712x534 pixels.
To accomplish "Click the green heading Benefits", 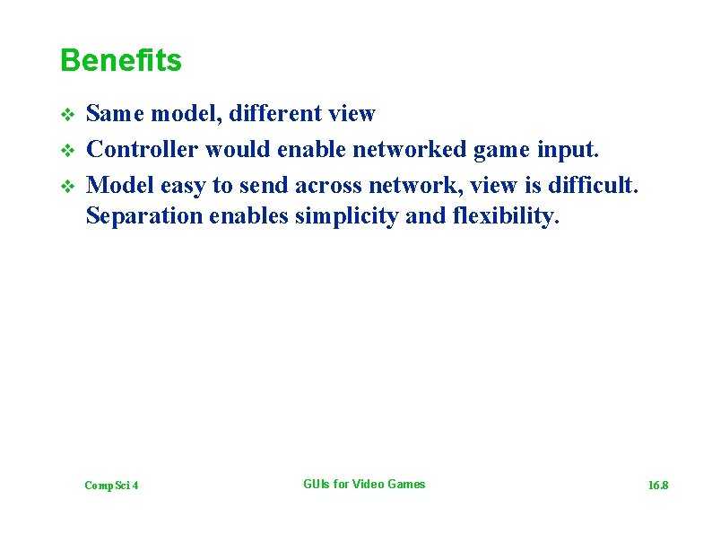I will tap(120, 61).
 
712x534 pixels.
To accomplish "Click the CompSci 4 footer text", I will tap(111, 486).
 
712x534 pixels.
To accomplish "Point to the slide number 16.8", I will tap(658, 486).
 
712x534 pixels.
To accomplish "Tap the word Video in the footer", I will tap(369, 485).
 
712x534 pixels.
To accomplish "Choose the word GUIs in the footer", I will tap(317, 485).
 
